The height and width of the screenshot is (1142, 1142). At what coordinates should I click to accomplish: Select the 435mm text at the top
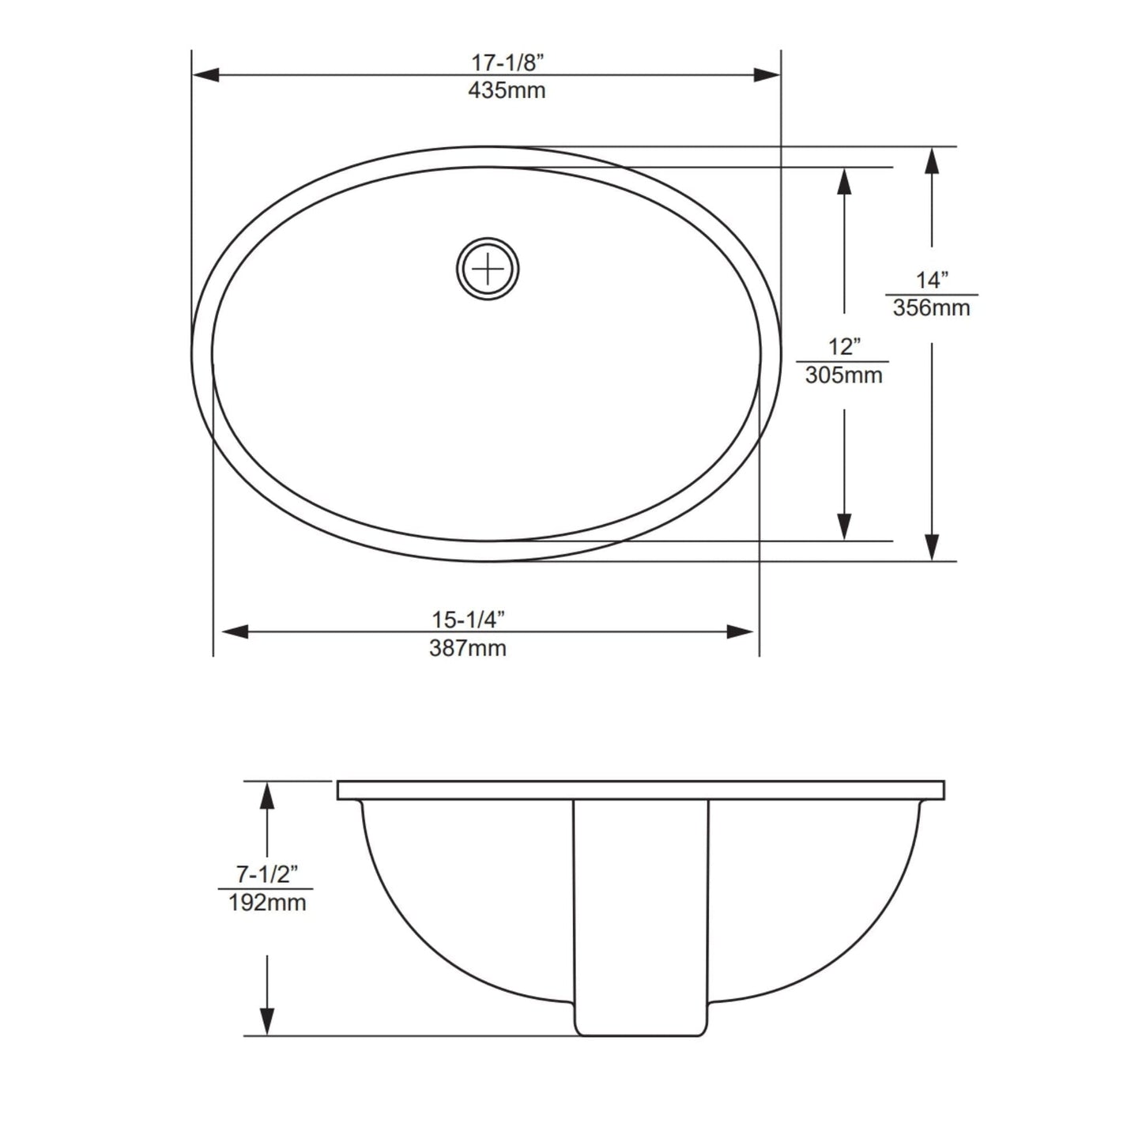[x=507, y=90]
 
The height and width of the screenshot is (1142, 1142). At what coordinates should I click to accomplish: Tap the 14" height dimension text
[x=931, y=280]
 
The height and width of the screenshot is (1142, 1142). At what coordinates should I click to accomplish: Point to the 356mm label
[x=931, y=307]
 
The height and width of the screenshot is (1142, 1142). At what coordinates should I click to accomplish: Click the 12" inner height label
[x=843, y=347]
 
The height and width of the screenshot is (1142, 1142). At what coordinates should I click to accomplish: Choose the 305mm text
[x=843, y=375]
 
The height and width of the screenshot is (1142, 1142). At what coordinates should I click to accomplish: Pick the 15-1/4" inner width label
[x=468, y=620]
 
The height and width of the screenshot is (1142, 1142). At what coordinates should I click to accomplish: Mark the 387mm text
[x=468, y=648]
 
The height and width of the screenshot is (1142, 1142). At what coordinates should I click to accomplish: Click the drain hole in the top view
[x=488, y=269]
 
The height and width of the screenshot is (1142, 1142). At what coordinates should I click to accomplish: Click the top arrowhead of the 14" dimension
[x=932, y=160]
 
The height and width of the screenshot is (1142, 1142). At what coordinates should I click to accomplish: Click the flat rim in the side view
[x=640, y=790]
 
